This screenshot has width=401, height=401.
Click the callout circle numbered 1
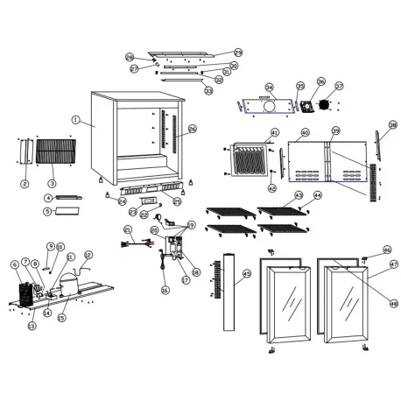tap(76, 120)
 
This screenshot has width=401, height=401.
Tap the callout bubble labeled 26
tap(192, 129)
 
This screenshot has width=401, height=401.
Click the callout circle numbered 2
tap(25, 184)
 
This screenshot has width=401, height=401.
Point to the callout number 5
tap(48, 211)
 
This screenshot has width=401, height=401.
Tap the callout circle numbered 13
tap(32, 326)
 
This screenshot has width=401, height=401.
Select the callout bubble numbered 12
tap(88, 256)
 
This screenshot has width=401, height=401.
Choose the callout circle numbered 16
tap(164, 290)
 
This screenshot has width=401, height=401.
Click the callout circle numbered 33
tap(208, 90)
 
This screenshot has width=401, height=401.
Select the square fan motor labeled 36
tap(306, 106)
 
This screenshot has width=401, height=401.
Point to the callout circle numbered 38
tap(392, 125)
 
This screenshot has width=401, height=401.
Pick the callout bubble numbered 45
tap(247, 274)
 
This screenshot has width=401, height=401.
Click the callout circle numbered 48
tap(393, 304)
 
